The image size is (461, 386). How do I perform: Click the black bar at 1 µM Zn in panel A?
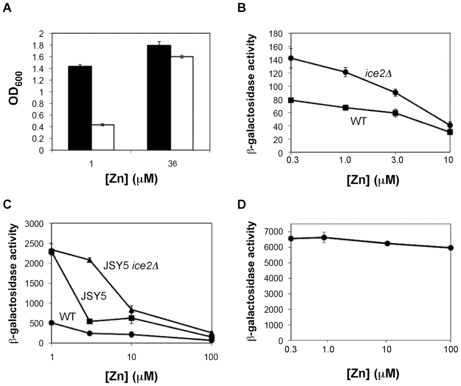[x=80, y=108]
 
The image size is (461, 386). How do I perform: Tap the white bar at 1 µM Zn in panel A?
[x=103, y=137]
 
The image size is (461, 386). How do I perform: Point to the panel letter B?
[x=242, y=7]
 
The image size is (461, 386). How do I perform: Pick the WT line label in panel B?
[x=358, y=122]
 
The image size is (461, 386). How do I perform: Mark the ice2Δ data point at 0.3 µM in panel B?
[x=291, y=58]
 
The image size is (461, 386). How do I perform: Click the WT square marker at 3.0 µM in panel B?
[x=395, y=113]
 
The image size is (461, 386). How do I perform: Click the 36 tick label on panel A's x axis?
[x=172, y=164]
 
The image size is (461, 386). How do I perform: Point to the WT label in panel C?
[x=67, y=316]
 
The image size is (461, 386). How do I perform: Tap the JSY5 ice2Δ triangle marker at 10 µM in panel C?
[x=132, y=310]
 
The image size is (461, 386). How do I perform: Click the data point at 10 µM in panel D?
[x=387, y=243]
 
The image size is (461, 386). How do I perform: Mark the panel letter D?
[x=242, y=204]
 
